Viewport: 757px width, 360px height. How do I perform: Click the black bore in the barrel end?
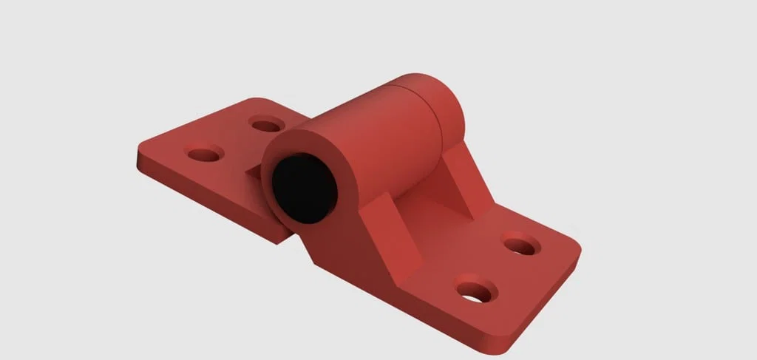tap(304, 189)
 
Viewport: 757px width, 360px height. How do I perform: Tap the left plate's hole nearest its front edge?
tap(205, 154)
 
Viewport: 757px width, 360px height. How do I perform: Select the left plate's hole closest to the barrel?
tap(266, 124)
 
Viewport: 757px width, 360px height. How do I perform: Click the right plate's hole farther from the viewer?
tap(521, 245)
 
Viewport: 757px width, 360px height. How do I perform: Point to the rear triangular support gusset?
tap(463, 177)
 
